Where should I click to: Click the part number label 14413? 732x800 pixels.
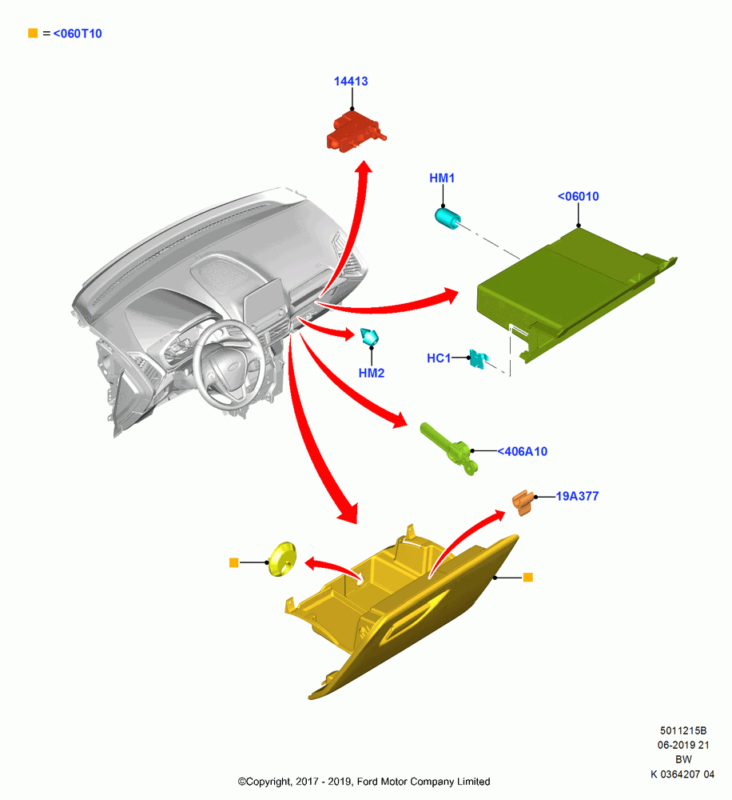[x=351, y=81]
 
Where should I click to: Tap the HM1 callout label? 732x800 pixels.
[x=442, y=178]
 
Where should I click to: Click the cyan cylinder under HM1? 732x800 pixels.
[x=448, y=218]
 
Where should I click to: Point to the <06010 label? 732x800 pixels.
[x=578, y=197]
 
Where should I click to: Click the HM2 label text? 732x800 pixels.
[x=371, y=373]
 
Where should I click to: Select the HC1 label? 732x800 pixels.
[x=439, y=358]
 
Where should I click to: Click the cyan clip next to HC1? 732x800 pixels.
[x=479, y=358]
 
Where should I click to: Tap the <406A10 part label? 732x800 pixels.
[x=523, y=451]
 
